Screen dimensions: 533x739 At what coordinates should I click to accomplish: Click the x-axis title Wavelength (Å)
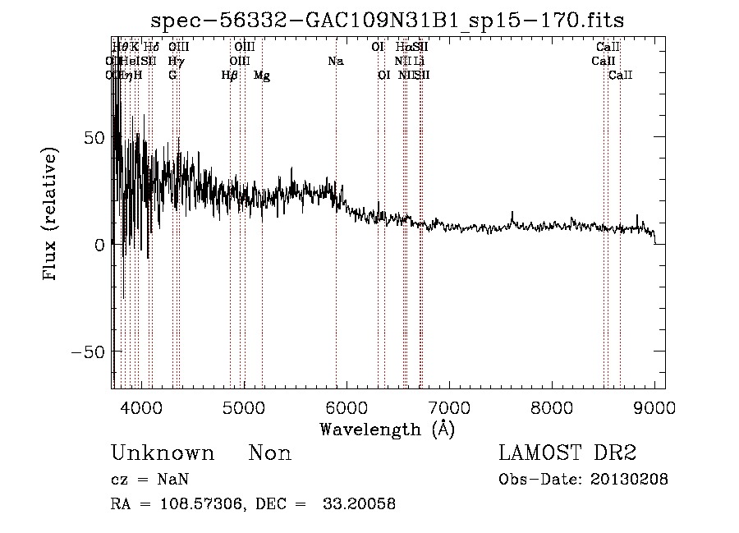click(388, 428)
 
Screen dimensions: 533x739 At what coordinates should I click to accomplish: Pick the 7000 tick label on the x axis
click(449, 407)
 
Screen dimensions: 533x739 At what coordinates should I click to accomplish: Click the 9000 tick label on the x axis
click(654, 407)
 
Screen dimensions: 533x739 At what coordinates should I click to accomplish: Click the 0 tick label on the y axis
click(98, 245)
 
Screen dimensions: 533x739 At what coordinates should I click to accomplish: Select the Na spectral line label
click(335, 61)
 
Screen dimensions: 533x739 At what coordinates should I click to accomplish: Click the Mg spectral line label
click(262, 76)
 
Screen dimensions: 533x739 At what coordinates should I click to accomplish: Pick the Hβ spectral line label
click(230, 76)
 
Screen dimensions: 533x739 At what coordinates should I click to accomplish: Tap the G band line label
click(172, 75)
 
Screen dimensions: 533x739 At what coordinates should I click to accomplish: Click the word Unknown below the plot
click(163, 453)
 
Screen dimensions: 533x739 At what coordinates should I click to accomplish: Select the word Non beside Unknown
click(270, 453)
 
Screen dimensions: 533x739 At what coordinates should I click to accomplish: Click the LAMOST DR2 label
click(567, 453)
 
